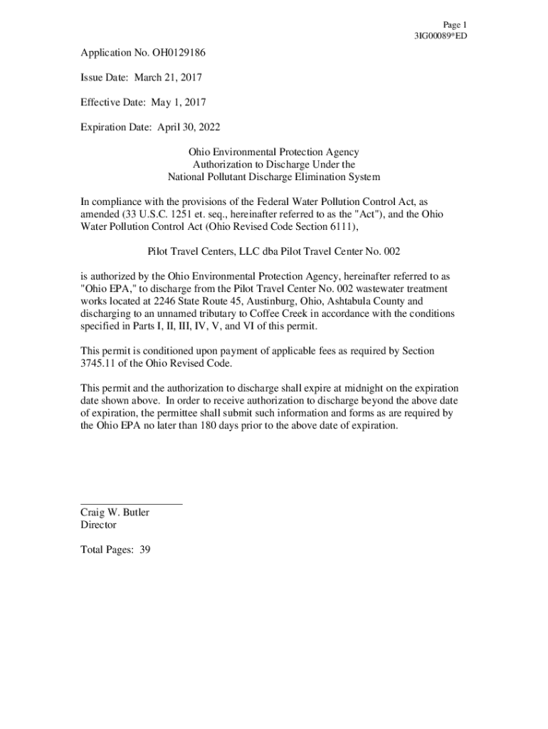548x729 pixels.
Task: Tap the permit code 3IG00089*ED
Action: tap(441, 36)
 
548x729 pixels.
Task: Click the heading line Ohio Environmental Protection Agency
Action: tap(274, 152)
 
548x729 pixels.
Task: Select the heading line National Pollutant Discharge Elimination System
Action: tap(274, 177)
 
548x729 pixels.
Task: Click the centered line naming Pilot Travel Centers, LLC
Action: tap(269, 251)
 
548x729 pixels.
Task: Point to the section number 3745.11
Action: tap(99, 363)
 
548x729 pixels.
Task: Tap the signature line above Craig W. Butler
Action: tap(132, 503)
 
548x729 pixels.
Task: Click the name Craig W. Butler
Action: tap(115, 513)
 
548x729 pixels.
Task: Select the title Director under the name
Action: tap(98, 525)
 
